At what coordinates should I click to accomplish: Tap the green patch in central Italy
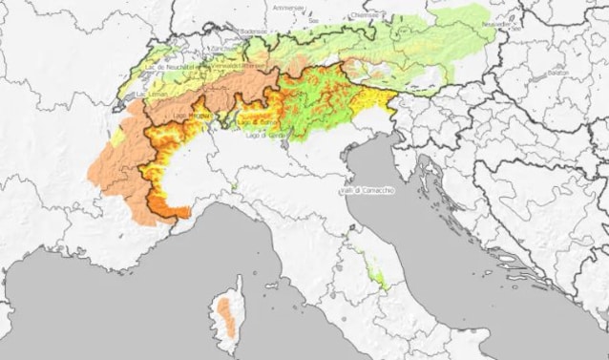(x=379, y=278)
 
